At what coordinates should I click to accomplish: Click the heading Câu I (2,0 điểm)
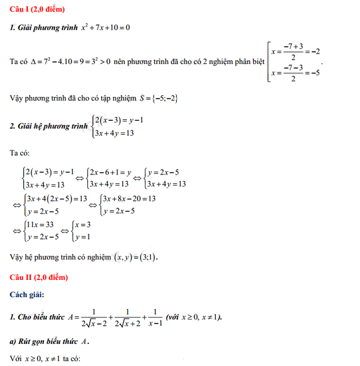[38, 9]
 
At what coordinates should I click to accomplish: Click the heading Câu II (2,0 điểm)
[39, 275]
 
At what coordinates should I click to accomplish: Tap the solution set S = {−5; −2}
[158, 98]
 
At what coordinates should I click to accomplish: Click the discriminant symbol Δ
[35, 62]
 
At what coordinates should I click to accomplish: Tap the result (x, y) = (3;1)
[135, 257]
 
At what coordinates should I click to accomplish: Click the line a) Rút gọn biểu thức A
[50, 341]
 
